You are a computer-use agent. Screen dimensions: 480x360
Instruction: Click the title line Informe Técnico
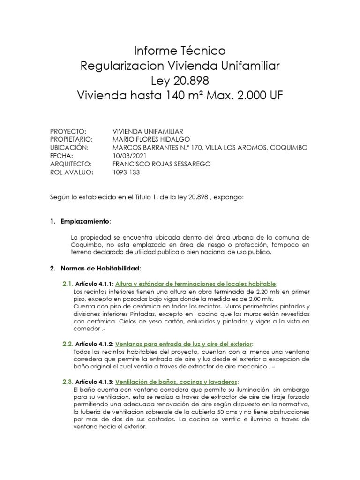tap(180, 50)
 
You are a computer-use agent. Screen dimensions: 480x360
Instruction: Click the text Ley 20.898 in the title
tap(180, 81)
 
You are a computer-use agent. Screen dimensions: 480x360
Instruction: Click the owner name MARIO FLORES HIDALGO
tap(151, 139)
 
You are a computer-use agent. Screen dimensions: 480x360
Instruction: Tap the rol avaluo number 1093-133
tap(127, 172)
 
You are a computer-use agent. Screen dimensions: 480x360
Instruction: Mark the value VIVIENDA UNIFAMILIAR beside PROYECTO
tap(148, 131)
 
